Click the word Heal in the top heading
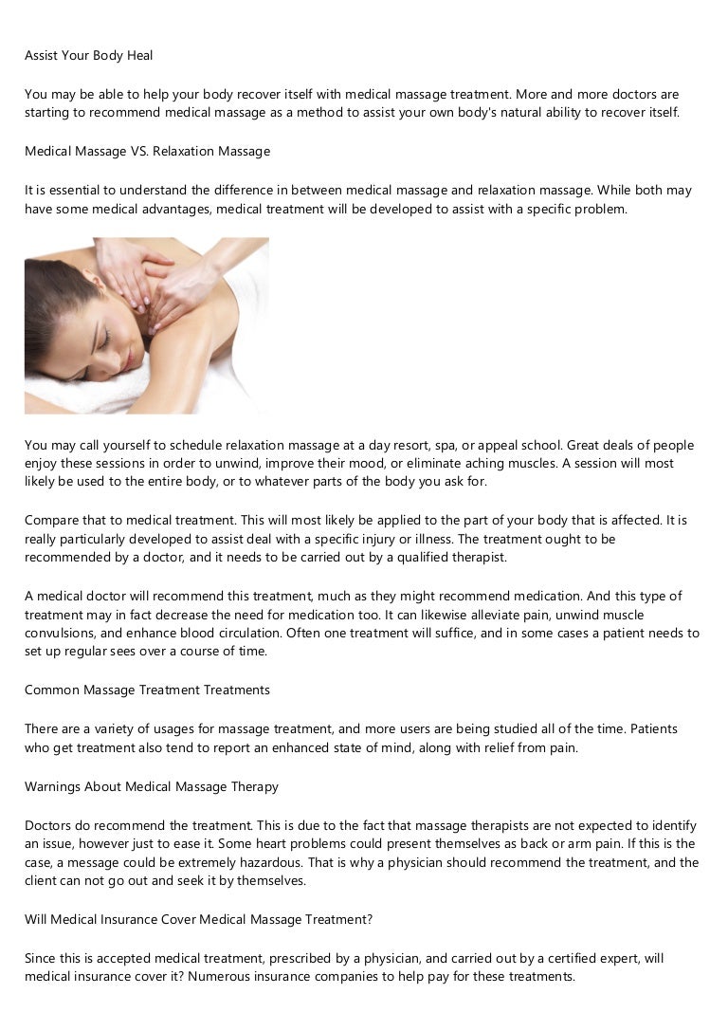click(x=139, y=55)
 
